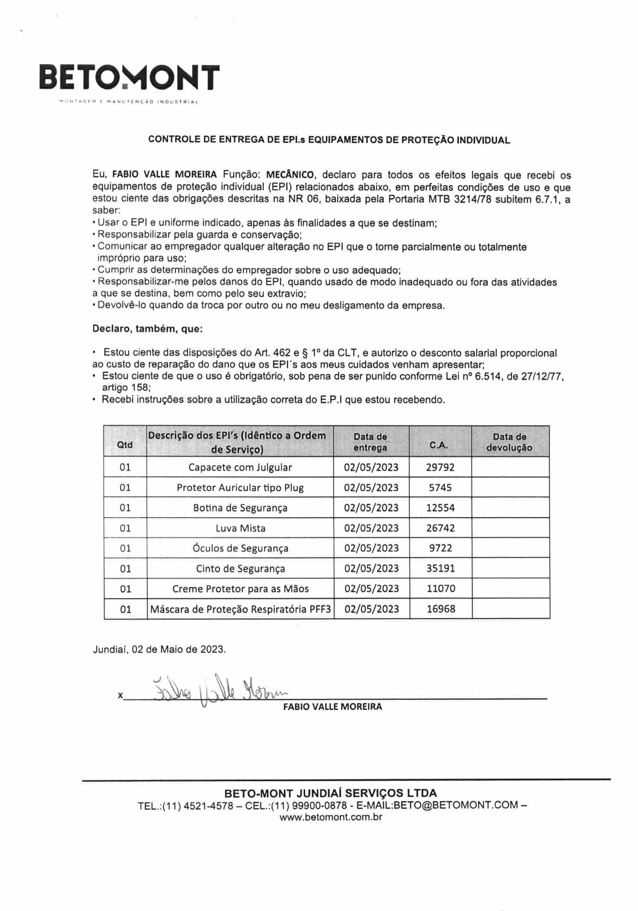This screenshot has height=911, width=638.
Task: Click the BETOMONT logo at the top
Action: click(130, 78)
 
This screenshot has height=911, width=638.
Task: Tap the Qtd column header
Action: click(125, 445)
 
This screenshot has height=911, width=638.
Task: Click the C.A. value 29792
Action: click(440, 467)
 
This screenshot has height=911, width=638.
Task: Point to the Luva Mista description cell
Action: click(240, 528)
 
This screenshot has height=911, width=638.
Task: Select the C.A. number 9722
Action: click(441, 548)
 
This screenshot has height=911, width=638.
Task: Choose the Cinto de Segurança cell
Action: click(240, 569)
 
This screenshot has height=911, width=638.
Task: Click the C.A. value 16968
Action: click(441, 609)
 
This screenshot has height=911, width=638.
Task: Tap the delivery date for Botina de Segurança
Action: click(371, 508)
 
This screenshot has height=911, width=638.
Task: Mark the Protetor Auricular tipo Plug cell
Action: click(240, 488)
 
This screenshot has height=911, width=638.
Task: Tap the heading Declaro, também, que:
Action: click(148, 329)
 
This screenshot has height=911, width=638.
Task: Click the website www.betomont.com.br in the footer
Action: click(331, 817)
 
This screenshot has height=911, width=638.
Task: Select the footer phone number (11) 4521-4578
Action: click(207, 805)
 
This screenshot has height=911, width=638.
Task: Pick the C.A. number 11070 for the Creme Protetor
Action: click(441, 588)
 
